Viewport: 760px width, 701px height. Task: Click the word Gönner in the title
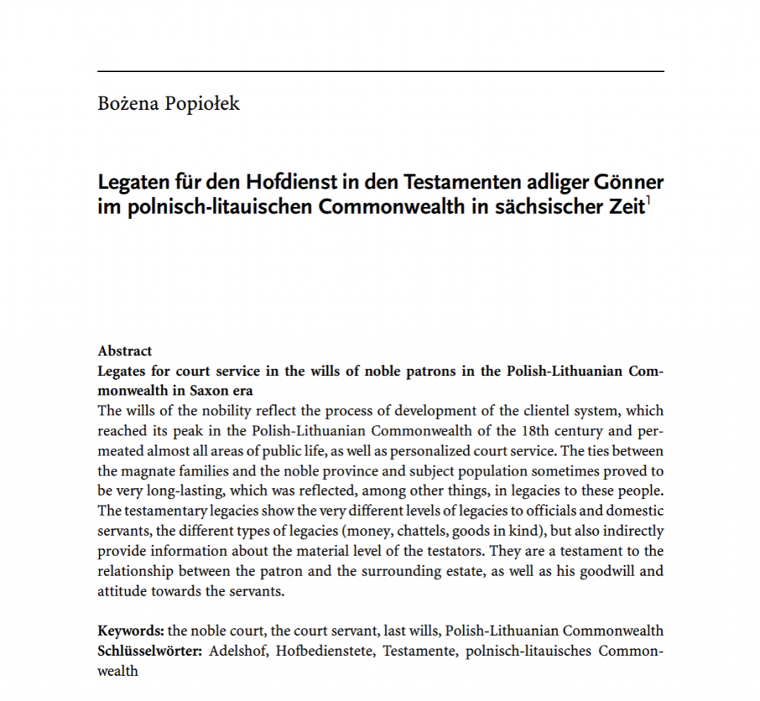coord(630,182)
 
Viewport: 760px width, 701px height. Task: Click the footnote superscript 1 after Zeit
coord(648,200)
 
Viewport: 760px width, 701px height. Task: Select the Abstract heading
coord(125,351)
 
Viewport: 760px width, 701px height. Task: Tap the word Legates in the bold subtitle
coord(123,371)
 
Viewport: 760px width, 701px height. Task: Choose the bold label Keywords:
coord(131,631)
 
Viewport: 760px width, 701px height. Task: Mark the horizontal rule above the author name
coord(380,71)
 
